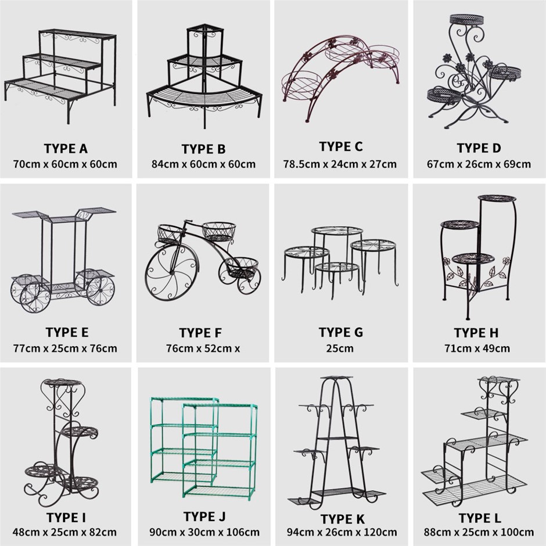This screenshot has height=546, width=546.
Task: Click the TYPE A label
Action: pos(66,149)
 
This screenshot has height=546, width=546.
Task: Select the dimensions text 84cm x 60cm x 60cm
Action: pos(203,164)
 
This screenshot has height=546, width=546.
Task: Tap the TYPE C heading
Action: pos(341,146)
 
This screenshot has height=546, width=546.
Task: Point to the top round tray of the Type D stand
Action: pos(467,19)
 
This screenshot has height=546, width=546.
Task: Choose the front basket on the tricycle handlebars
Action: pos(170,234)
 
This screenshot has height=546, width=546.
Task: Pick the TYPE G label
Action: pos(340,333)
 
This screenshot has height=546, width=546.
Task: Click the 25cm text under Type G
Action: pos(340,348)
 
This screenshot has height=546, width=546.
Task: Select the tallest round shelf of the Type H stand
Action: pos(497,198)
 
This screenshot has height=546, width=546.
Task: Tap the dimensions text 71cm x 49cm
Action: pos(477,348)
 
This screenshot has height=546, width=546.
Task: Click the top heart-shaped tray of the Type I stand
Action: pos(63,382)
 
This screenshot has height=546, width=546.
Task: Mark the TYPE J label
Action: pos(204,517)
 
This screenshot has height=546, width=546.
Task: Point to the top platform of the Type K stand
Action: pos(336,378)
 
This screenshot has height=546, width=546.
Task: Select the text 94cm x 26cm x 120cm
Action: pos(342,533)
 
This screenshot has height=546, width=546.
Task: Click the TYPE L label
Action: pos(479,518)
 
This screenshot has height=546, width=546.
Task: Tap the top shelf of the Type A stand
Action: pos(77,34)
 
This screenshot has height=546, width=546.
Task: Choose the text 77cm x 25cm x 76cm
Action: pos(65,348)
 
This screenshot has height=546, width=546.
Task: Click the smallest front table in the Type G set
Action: pos(337,267)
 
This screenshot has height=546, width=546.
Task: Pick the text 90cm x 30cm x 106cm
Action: pos(204,533)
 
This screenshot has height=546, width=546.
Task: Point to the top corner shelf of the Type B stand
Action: pos(204,27)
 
